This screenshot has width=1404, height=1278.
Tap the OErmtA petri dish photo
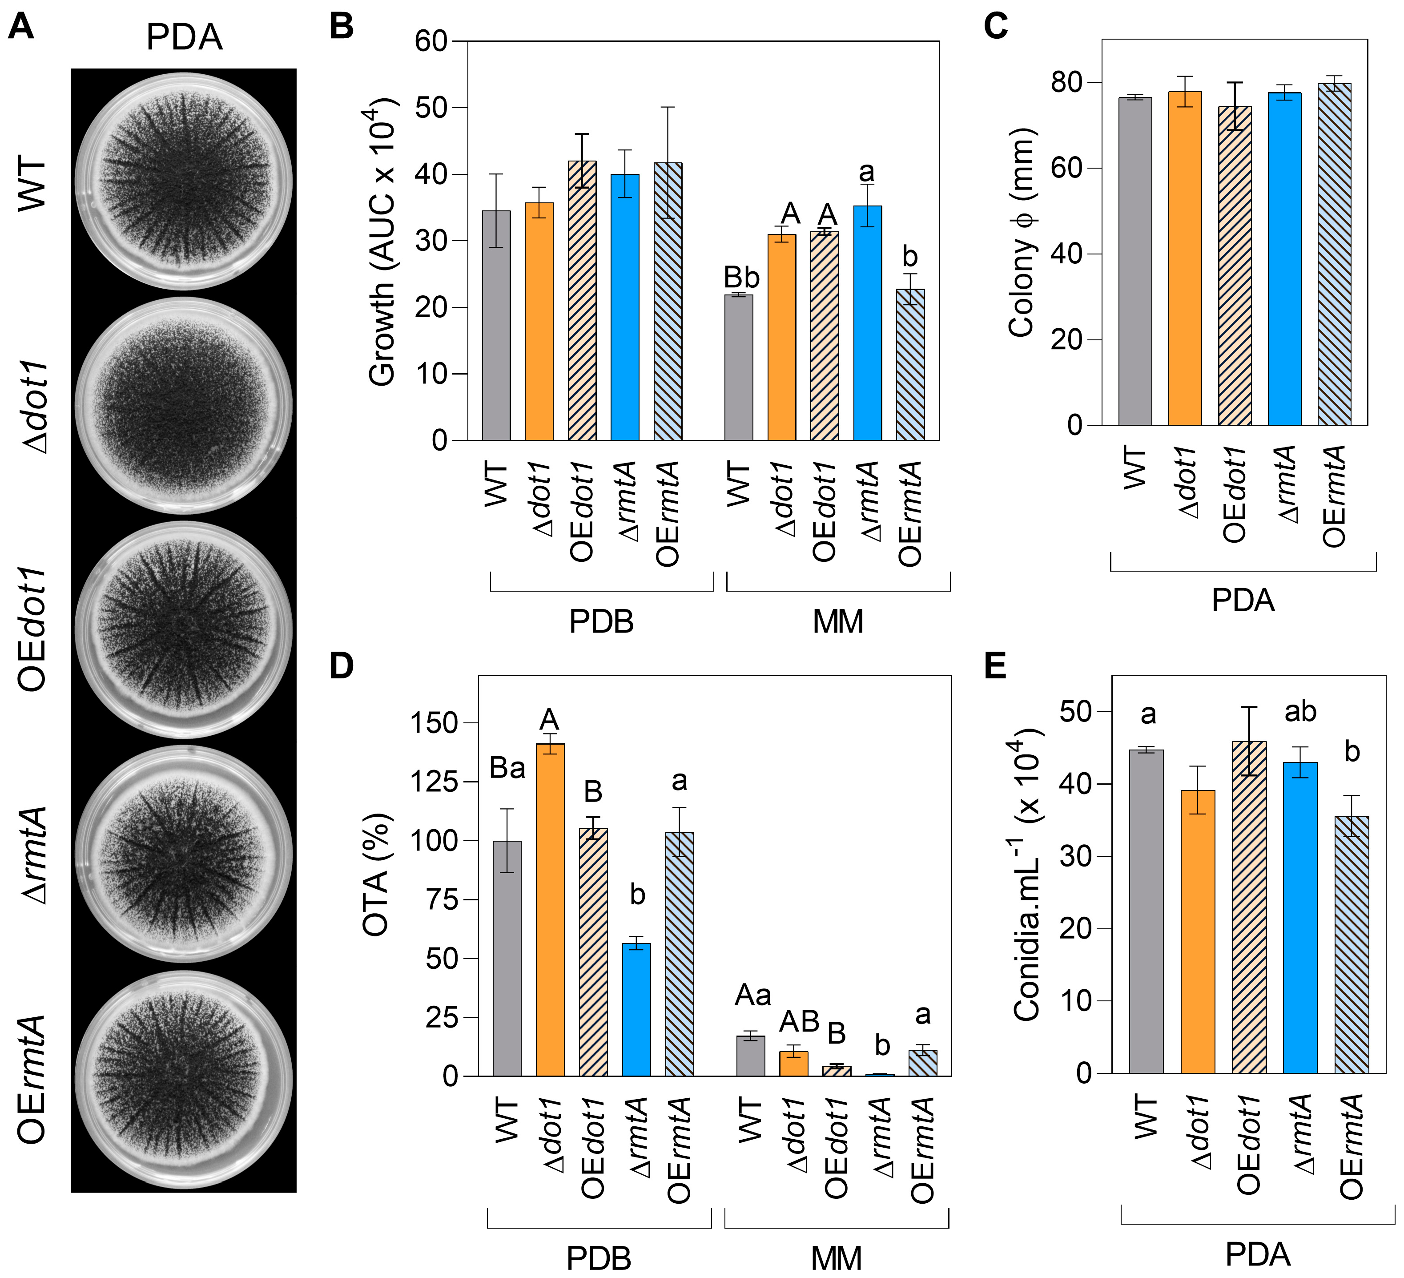click(x=183, y=1080)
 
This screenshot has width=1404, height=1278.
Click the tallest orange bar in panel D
click(x=550, y=910)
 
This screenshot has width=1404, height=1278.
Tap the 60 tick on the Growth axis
click(x=430, y=42)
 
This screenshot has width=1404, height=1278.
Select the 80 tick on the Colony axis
click(x=1066, y=83)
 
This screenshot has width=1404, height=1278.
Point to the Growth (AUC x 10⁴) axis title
click(x=383, y=240)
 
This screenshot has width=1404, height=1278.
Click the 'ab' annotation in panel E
click(x=1299, y=712)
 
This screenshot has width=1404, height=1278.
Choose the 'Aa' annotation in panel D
click(x=753, y=996)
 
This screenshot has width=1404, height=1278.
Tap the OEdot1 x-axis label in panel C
click(x=1234, y=495)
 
